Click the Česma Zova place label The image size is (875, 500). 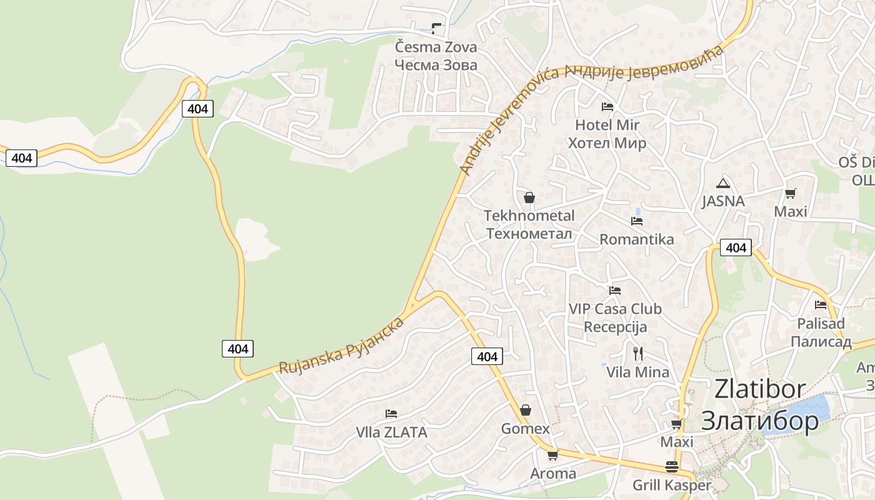point(436,47)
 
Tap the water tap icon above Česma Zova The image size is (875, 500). point(436,28)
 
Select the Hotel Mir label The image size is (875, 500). point(607,125)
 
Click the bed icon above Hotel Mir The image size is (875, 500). point(607,107)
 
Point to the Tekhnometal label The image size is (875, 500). point(529,216)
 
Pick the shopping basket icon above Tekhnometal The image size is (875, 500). point(529,198)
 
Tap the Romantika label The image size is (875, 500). point(636,239)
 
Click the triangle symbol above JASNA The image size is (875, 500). point(723,183)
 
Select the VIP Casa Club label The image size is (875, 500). point(614,309)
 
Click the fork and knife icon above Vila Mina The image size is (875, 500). point(637,354)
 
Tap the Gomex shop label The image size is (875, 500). point(525,429)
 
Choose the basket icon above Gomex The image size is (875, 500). point(526,410)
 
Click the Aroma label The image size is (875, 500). point(552,474)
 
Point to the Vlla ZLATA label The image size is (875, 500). point(391,432)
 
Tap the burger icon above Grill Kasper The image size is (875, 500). point(672,467)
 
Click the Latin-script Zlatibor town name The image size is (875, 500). point(759,389)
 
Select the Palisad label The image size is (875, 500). point(821,324)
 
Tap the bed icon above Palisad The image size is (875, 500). point(821,305)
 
